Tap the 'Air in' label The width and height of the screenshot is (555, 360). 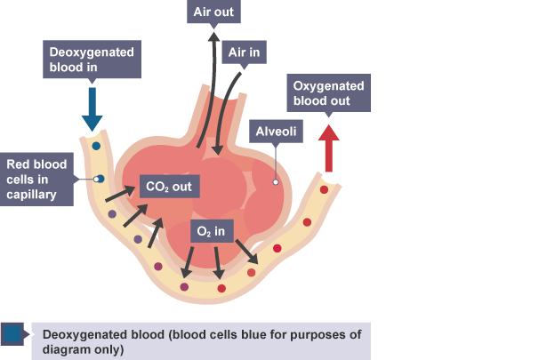click(243, 52)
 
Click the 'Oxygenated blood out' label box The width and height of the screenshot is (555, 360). click(328, 92)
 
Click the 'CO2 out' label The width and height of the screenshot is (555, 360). click(170, 188)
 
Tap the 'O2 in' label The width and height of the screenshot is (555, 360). click(213, 232)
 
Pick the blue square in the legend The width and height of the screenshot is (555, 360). click(12, 334)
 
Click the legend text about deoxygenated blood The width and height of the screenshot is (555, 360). click(200, 341)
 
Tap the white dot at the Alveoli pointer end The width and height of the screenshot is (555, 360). click(276, 182)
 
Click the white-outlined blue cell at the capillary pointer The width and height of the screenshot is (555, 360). click(99, 179)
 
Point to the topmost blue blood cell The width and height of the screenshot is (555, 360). click(95, 145)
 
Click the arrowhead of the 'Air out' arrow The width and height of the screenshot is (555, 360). click(213, 38)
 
